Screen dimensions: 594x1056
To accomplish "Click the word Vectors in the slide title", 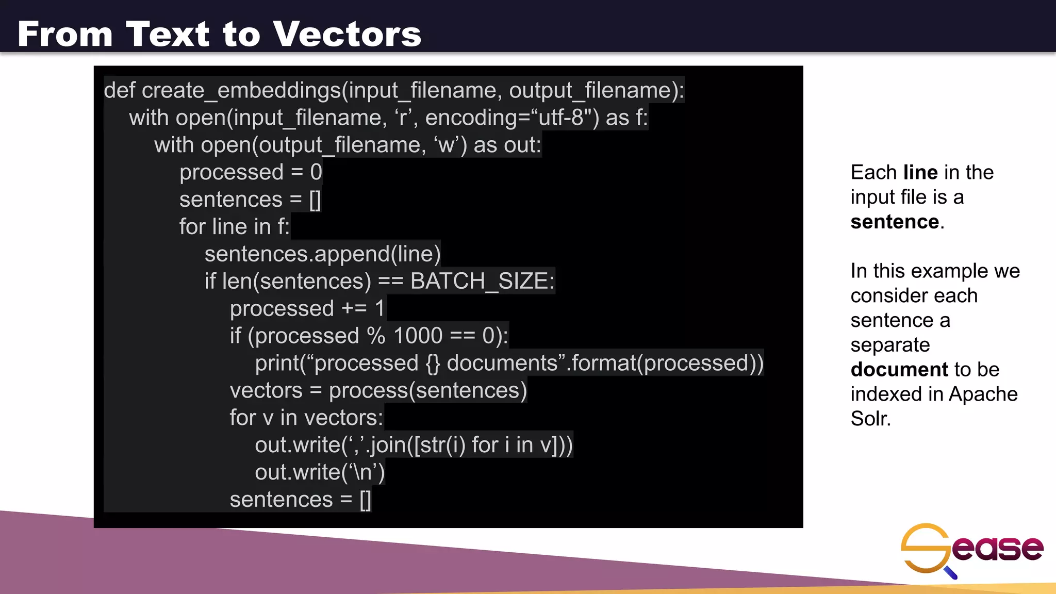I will (347, 34).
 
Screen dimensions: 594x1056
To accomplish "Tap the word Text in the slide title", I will (168, 34).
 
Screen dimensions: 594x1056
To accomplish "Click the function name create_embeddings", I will (241, 91).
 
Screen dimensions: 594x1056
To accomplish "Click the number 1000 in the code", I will (418, 336).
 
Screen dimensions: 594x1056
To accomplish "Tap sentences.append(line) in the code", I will (322, 254).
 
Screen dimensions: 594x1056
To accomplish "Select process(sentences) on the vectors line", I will (428, 391).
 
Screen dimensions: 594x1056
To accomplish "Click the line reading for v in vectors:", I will (306, 418).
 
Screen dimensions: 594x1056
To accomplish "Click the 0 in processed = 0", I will (316, 172).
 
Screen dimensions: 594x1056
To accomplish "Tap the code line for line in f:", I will (234, 227).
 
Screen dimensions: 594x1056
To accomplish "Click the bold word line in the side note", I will (920, 172).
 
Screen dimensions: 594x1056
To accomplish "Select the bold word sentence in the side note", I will (895, 222).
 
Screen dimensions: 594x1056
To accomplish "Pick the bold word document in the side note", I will (899, 370).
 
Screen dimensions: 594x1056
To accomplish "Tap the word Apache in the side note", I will (983, 394).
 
